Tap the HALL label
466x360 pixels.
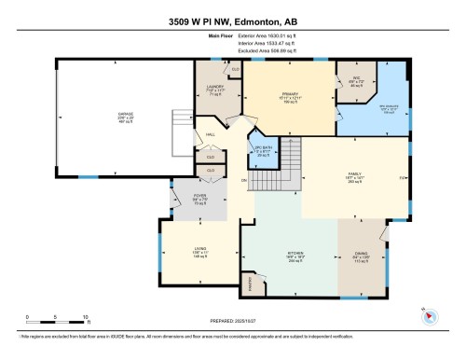point(212,133)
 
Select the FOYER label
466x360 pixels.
point(199,197)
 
